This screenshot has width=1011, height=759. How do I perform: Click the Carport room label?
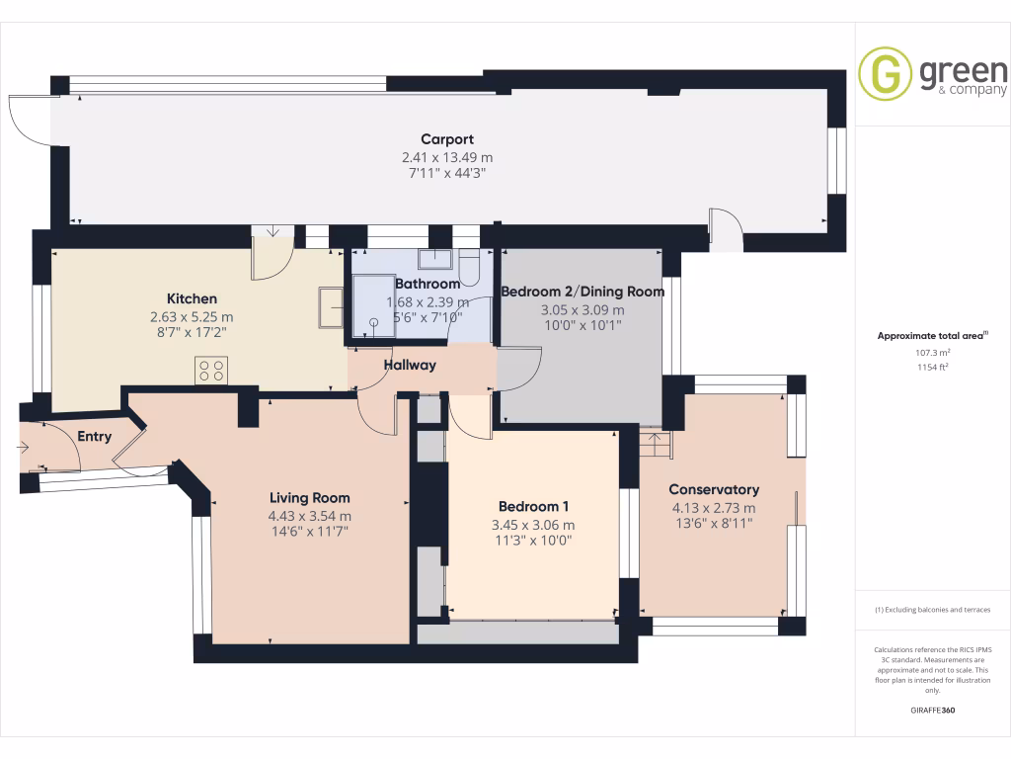[x=447, y=139]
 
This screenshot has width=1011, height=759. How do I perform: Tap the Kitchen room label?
[x=192, y=298]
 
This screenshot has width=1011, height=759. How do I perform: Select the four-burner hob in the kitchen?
[x=211, y=370]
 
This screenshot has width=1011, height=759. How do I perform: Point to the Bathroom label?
[x=428, y=284]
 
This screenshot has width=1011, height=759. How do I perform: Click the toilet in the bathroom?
[x=469, y=269]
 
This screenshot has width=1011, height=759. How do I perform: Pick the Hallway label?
[x=410, y=365]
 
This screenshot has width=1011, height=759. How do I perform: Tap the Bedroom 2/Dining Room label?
[x=582, y=292]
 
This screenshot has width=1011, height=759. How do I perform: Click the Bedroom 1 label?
[x=533, y=506]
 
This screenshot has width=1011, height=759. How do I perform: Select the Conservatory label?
[x=714, y=489]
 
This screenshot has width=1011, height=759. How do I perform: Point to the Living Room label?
[x=310, y=498]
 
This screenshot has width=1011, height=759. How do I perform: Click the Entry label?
[x=95, y=436]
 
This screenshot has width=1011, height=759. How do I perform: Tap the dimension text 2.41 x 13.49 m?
[x=447, y=157]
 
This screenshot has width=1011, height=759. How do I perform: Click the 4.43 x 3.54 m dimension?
[x=310, y=516]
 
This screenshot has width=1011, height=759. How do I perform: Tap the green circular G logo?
[x=885, y=74]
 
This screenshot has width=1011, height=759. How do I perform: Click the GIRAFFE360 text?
[x=933, y=711]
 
